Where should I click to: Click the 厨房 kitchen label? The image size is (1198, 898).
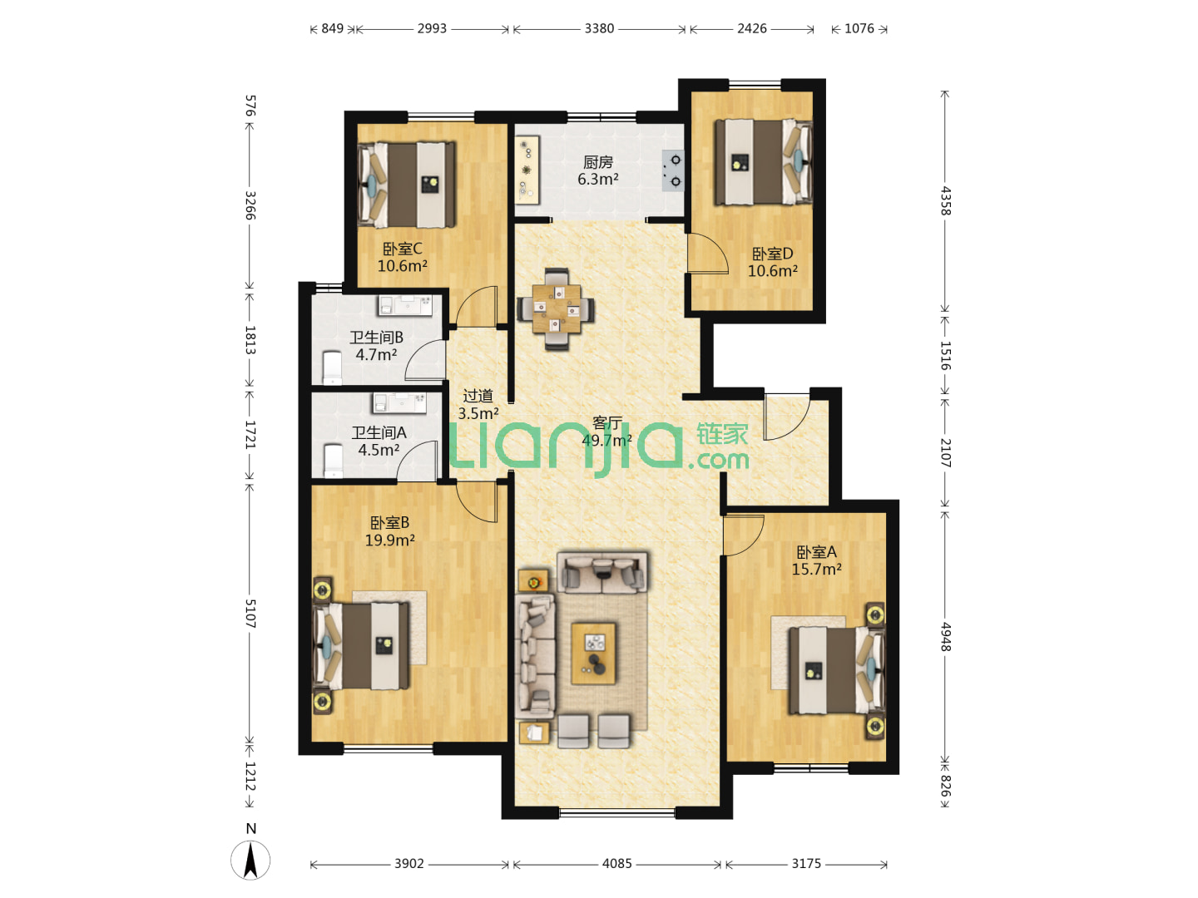point(597,162)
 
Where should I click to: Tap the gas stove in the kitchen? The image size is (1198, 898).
point(672,170)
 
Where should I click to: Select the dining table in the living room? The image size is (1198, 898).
point(557,309)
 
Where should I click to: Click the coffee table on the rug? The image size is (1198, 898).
point(593,654)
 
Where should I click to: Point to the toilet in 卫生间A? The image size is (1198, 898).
point(333,461)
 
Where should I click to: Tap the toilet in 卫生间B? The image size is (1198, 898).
point(333,368)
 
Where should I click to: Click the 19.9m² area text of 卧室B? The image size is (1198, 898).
point(389,540)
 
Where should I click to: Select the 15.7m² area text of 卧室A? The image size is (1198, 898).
point(816,570)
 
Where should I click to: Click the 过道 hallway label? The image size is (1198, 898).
point(478,396)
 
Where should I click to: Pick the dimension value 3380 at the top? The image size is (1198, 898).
point(599,28)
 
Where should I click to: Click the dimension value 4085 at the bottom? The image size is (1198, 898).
point(616,864)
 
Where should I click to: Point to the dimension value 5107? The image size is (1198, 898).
point(250,614)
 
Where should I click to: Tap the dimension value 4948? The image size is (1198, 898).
point(946,637)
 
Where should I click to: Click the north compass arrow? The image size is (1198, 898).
point(250,860)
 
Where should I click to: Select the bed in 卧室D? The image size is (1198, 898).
point(764,162)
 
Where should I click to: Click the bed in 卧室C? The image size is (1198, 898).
point(407,185)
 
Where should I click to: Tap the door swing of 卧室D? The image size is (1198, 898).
point(707,253)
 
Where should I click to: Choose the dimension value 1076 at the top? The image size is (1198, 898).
point(859,28)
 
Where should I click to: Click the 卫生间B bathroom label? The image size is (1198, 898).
point(377,338)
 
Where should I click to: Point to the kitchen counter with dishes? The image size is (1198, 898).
point(527,169)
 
